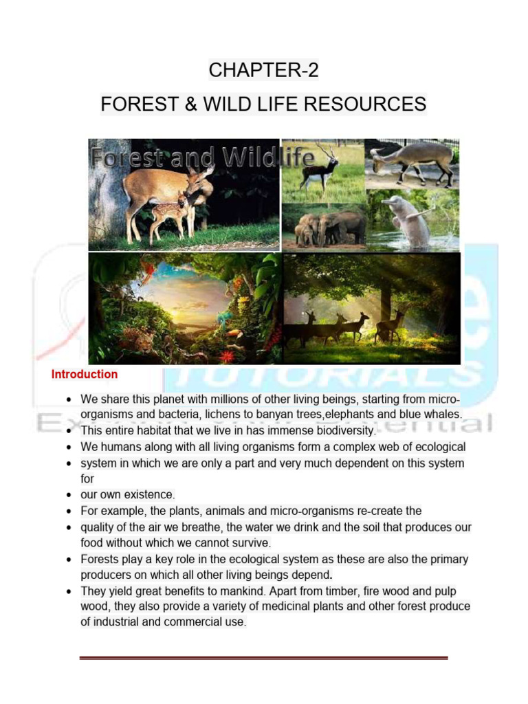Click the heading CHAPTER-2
pyautogui.click(x=264, y=70)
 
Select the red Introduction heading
pyautogui.click(x=85, y=375)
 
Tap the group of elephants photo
pyautogui.click(x=324, y=227)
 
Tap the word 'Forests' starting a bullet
pyautogui.click(x=100, y=560)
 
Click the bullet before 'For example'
pyautogui.click(x=69, y=511)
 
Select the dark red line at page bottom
pyautogui.click(x=263, y=658)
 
